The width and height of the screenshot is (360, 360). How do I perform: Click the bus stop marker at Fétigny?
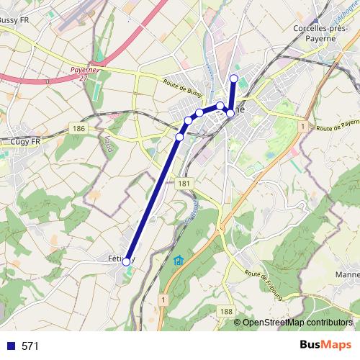(126, 262)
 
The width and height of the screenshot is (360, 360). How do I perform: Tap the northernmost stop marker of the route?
(233, 78)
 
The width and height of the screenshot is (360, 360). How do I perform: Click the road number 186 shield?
(79, 128)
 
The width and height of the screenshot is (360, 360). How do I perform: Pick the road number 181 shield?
(184, 184)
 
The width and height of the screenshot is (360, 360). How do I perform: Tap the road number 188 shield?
(227, 310)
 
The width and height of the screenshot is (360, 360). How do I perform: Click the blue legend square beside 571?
(10, 346)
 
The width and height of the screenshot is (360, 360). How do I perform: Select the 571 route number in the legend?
(30, 346)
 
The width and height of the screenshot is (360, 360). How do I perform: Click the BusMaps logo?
(325, 346)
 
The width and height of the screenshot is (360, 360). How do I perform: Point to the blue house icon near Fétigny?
(179, 261)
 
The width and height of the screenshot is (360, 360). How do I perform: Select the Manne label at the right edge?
(348, 274)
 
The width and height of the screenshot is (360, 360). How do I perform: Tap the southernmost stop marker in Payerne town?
(179, 137)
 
